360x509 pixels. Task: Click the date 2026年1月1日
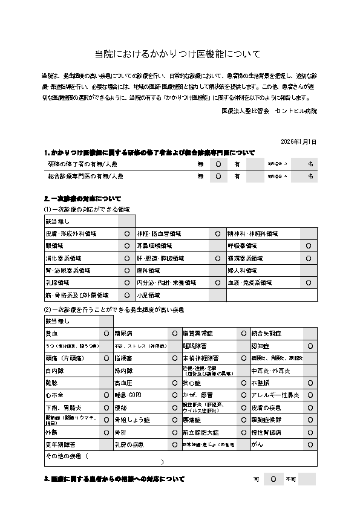pyautogui.click(x=298, y=141)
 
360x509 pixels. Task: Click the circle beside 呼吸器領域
pyautogui.click(x=308, y=246)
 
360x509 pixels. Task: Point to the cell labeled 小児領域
pyautogui.click(x=148, y=295)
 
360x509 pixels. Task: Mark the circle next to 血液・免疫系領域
pyautogui.click(x=308, y=282)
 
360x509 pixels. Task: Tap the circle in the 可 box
pyautogui.click(x=273, y=479)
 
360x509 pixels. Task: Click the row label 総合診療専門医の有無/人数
pyautogui.click(x=85, y=177)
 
